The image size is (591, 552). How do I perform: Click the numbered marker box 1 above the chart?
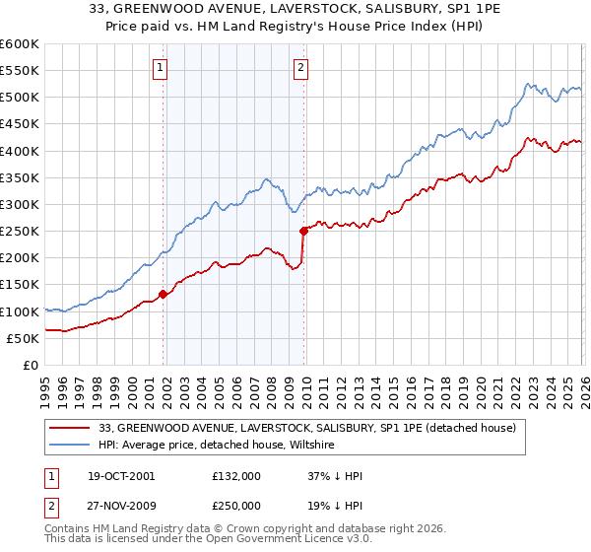(160, 68)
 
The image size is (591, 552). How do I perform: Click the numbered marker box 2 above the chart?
(300, 68)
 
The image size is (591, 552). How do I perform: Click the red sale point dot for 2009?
(304, 231)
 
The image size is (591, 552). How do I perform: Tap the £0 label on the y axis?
(30, 366)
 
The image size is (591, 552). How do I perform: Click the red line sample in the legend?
(70, 428)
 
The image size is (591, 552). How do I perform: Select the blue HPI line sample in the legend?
(70, 446)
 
